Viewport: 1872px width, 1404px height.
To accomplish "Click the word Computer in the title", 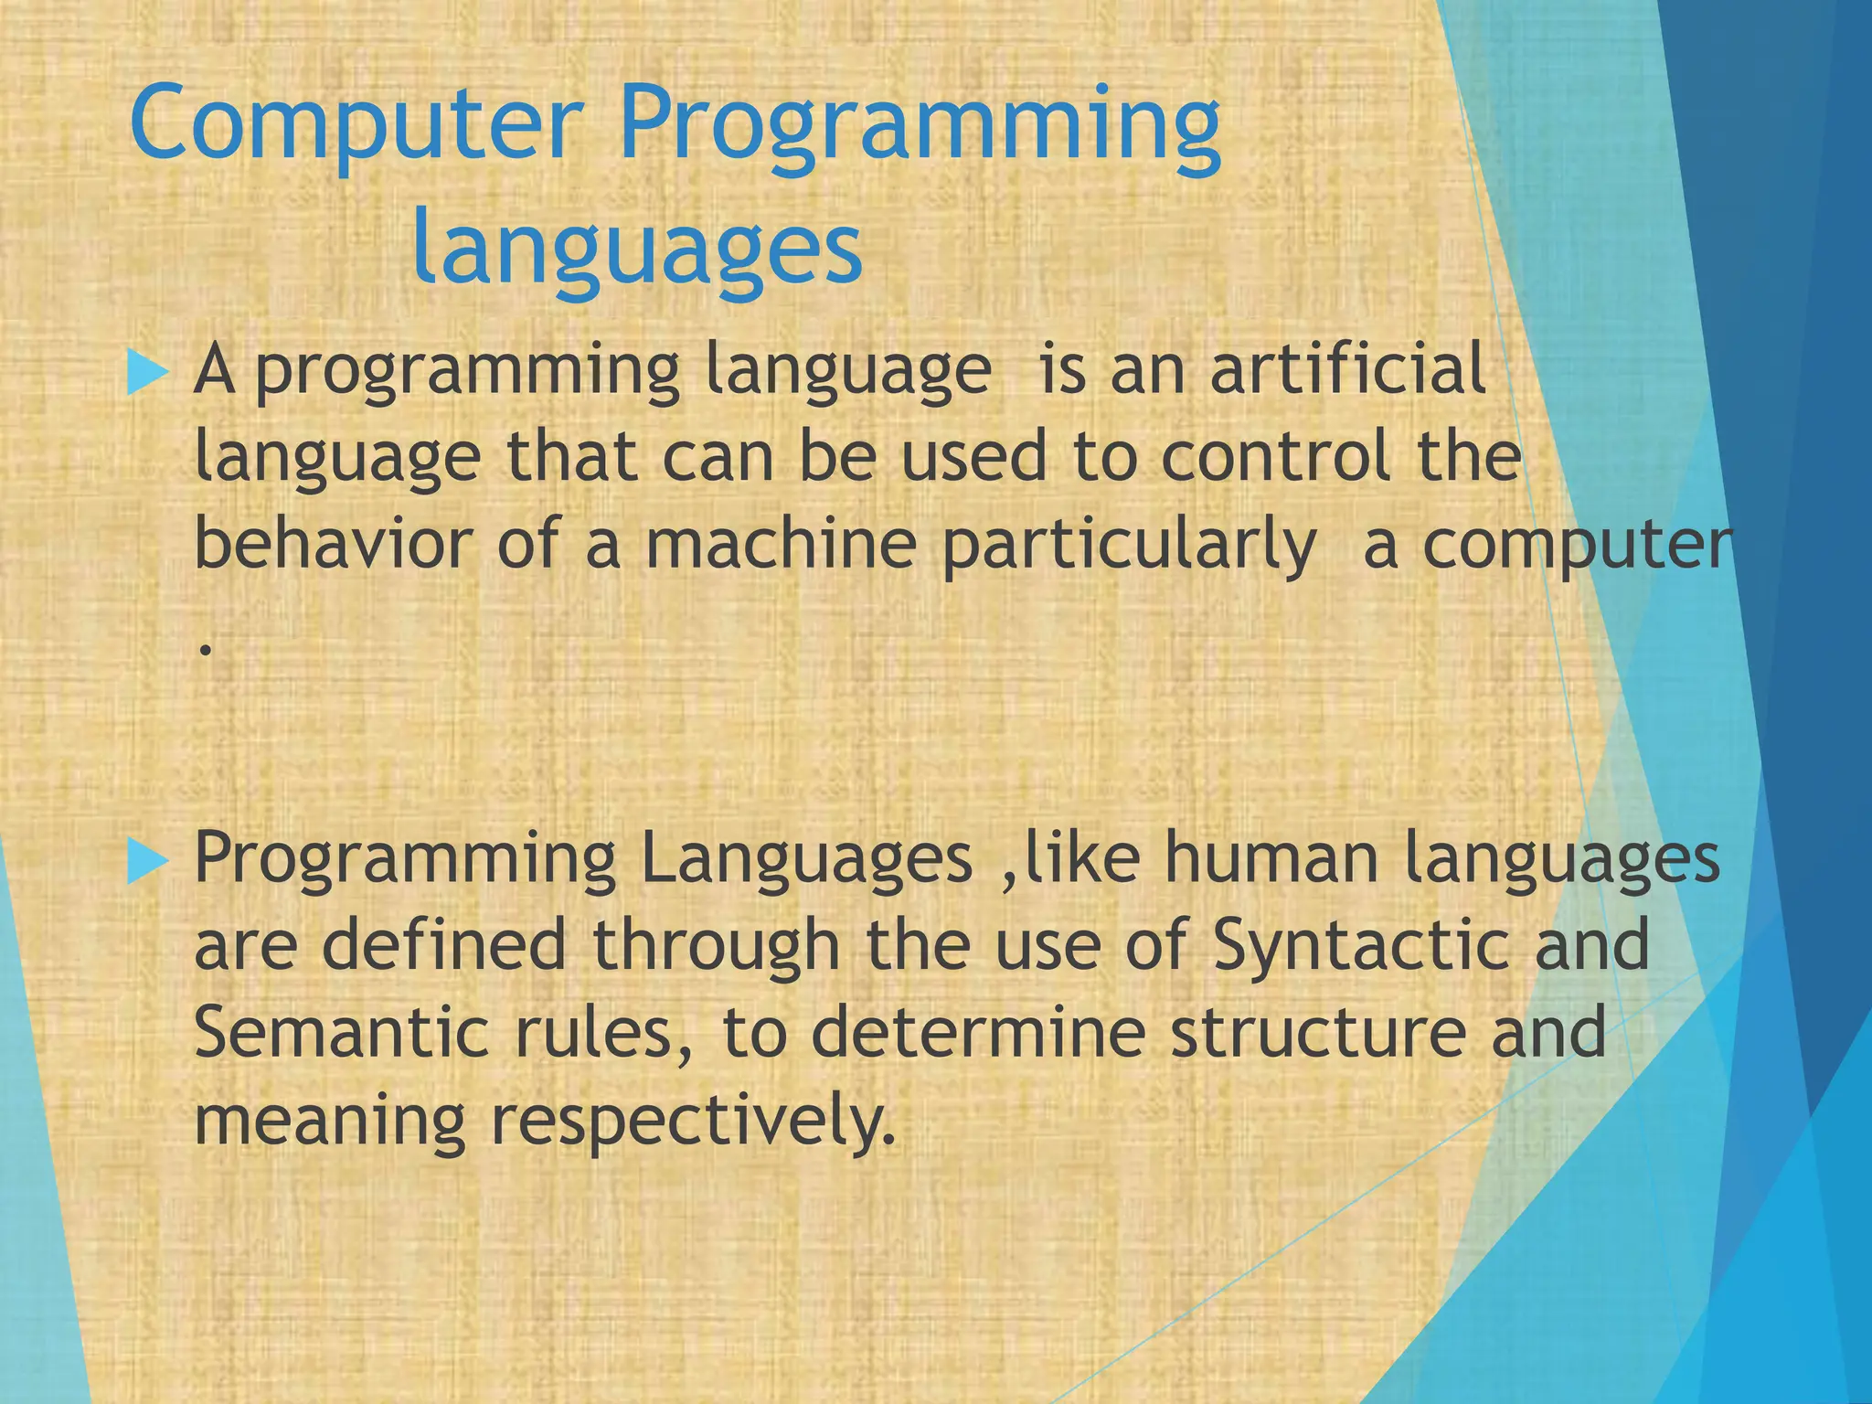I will pos(356,128).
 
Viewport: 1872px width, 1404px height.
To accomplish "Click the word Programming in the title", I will pos(920,128).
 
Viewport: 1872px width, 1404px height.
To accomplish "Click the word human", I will pos(1271,858).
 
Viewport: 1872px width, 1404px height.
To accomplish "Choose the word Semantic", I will pos(342,1033).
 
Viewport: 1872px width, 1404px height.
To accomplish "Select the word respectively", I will pos(692,1122).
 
